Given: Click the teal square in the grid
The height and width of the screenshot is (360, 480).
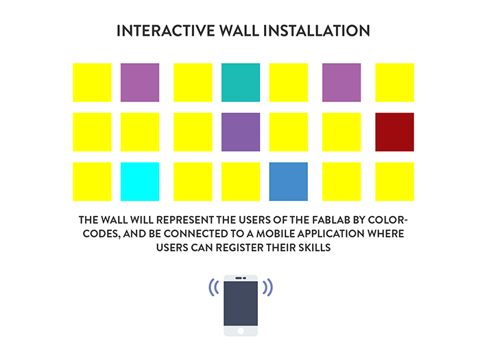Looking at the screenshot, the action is point(241,82).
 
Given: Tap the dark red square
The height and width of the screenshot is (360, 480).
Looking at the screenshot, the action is point(394,132).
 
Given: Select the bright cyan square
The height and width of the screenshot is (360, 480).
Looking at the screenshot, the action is point(140,182).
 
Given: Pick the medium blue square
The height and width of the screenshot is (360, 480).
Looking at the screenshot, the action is point(289,182).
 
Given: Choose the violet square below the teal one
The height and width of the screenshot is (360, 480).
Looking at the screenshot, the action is point(241,132).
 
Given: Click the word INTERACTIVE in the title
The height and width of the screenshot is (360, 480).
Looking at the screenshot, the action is point(166,31).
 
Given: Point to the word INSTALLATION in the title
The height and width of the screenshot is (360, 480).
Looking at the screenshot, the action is point(317,31).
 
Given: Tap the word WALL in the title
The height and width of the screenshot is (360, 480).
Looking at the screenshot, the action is point(239,31).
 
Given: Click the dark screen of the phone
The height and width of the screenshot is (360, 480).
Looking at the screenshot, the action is point(241,304).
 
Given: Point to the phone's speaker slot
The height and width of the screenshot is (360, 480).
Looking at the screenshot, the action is point(239,278).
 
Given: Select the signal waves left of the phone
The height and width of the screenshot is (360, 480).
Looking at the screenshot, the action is point(214,287).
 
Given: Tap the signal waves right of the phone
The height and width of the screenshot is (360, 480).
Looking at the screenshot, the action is point(267,287).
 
